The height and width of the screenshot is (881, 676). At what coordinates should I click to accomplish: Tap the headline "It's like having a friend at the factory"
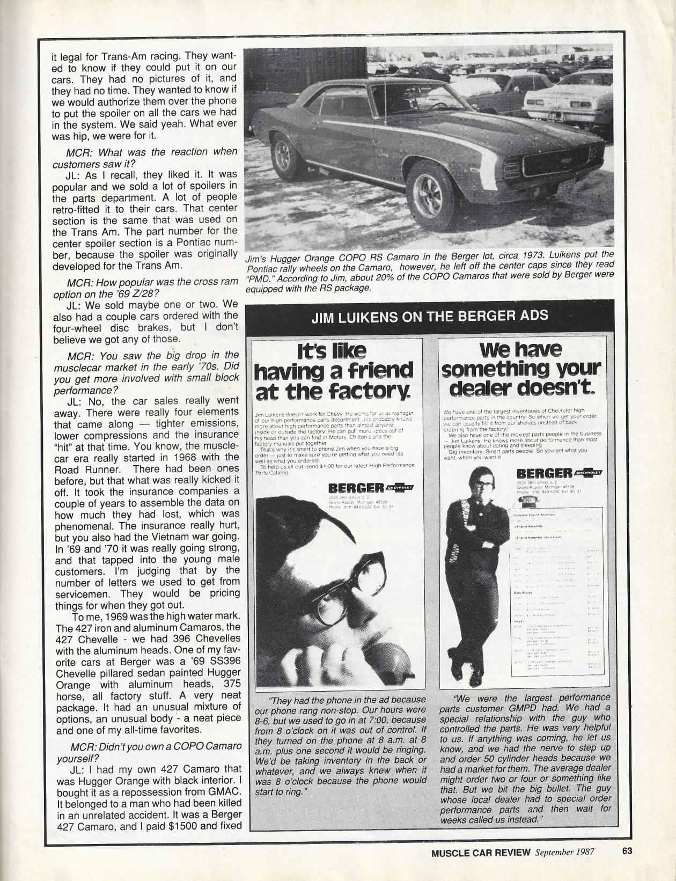coord(334,372)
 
